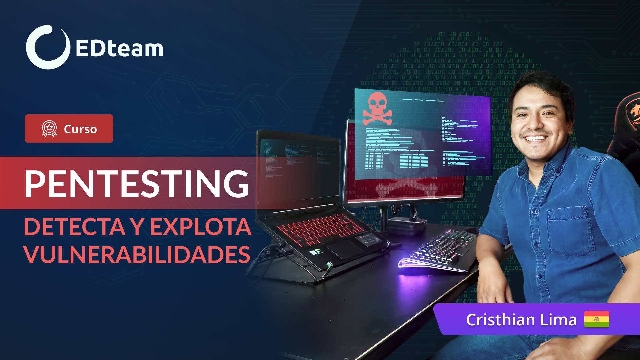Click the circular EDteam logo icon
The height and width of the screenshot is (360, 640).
pos(48,47)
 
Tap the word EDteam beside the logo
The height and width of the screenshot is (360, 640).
pos(119,49)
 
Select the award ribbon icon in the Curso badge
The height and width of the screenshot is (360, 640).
pos(49,129)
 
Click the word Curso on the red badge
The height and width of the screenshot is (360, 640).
pos(80,129)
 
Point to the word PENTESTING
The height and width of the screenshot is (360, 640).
pos(137,184)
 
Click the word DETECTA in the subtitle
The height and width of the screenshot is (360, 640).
pos(74,227)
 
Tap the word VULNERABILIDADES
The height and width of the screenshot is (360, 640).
pos(137,255)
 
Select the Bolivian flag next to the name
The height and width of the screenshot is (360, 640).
pos(596,319)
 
